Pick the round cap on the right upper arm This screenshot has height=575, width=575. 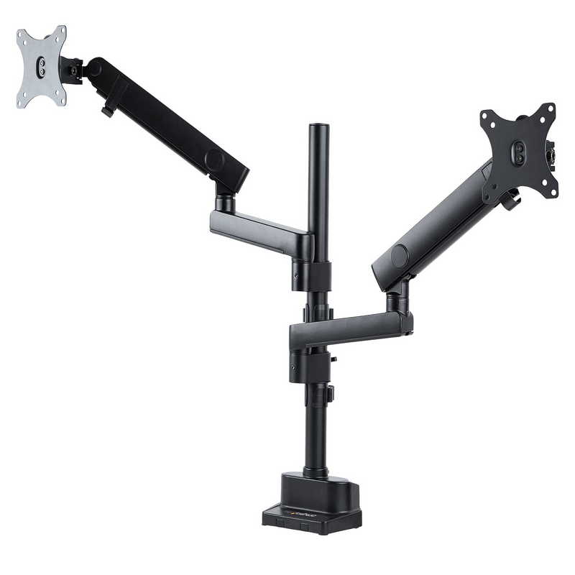[x=400, y=257]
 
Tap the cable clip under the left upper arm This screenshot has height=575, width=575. [x=109, y=111]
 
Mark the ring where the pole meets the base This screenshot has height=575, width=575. [x=316, y=471]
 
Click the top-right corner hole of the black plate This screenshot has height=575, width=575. [x=550, y=109]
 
